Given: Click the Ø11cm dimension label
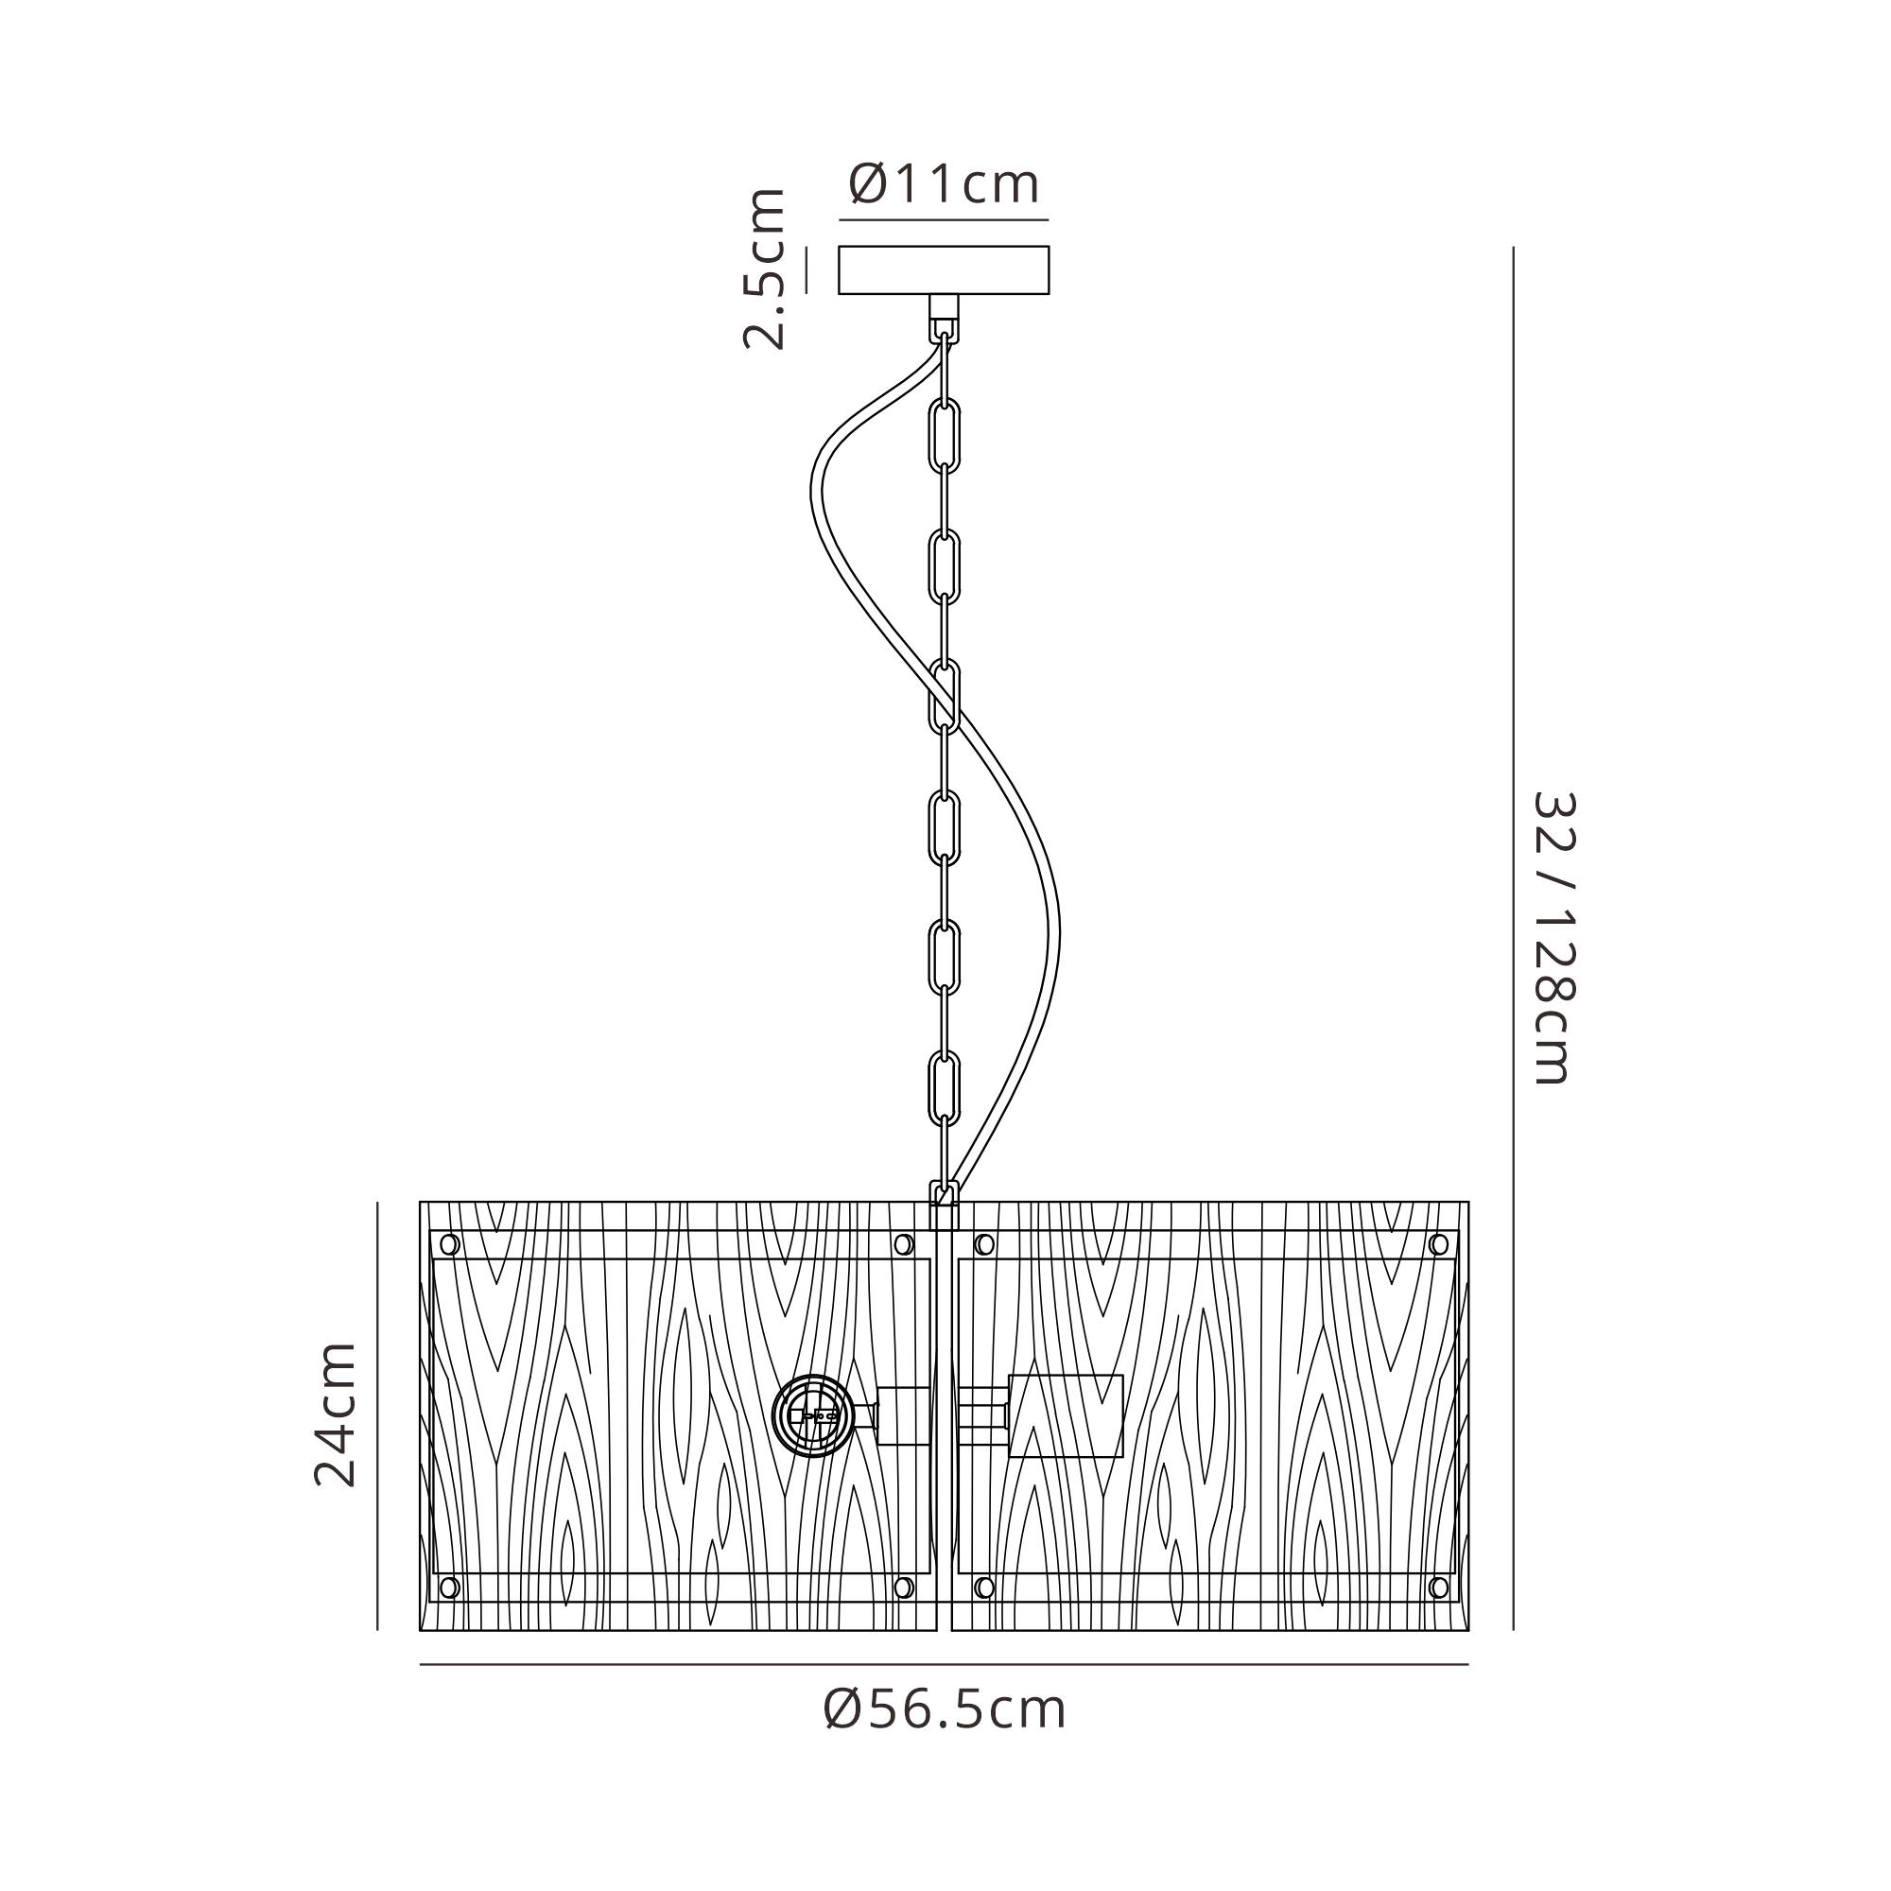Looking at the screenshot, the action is pyautogui.click(x=944, y=184).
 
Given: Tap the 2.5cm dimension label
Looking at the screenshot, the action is pyautogui.click(x=764, y=269).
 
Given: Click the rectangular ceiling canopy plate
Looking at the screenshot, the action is pyautogui.click(x=944, y=270).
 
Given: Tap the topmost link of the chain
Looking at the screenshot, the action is pyautogui.click(x=945, y=434).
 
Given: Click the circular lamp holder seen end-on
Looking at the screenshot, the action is pyautogui.click(x=812, y=1415).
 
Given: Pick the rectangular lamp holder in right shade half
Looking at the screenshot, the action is pyautogui.click(x=1066, y=1415).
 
